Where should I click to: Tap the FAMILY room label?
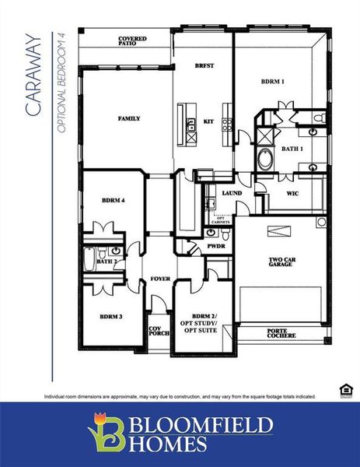[129, 119]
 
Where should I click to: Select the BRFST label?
[204, 67]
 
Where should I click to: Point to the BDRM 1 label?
[272, 81]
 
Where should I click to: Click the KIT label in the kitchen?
[208, 122]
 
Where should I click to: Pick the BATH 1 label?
[292, 148]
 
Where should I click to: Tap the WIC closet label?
[293, 192]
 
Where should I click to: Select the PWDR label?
[215, 247]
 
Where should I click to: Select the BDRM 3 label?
[110, 317]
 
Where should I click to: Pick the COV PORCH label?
[159, 332]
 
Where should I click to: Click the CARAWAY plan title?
[32, 75]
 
